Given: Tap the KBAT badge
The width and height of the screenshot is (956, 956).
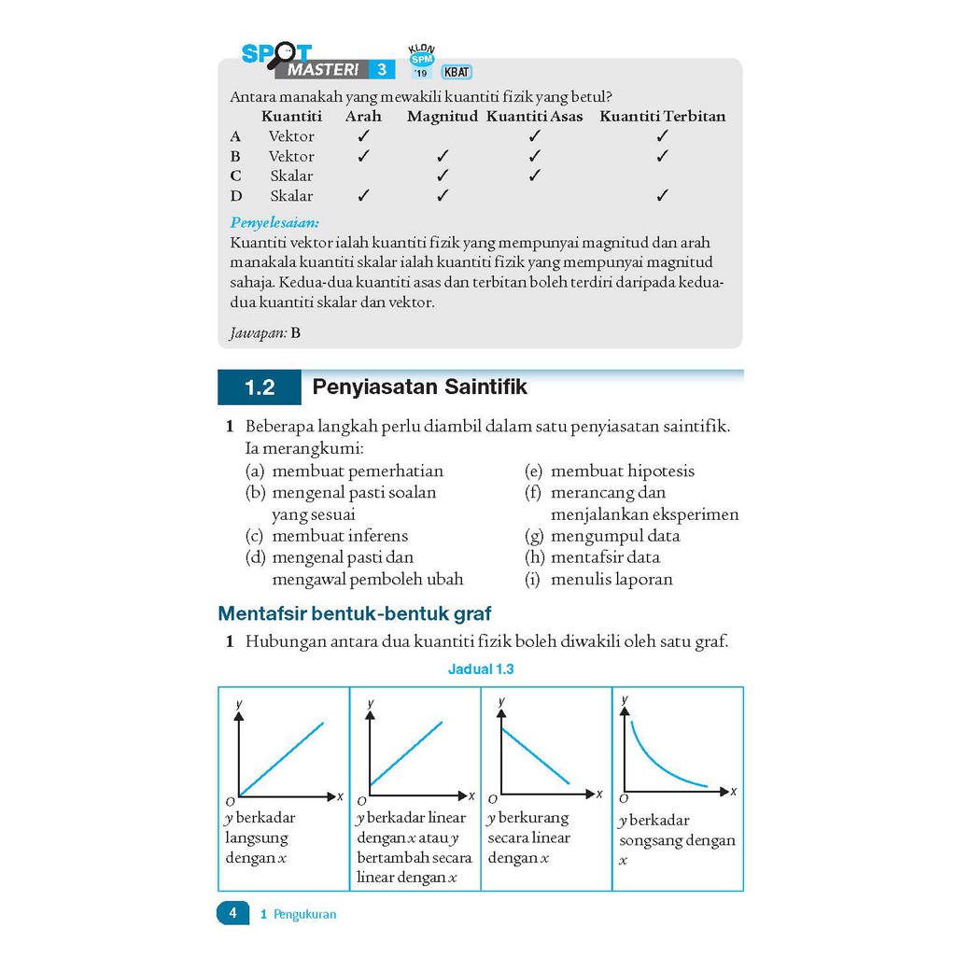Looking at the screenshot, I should pyautogui.click(x=457, y=70).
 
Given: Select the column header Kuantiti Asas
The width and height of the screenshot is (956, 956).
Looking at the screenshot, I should pyautogui.click(x=534, y=117).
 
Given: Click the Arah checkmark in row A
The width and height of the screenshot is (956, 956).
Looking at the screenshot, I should pyautogui.click(x=363, y=136).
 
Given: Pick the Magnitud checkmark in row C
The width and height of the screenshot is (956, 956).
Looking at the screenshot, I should pyautogui.click(x=443, y=176).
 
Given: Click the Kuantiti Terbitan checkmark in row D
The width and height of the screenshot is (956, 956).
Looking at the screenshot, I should pyautogui.click(x=662, y=196).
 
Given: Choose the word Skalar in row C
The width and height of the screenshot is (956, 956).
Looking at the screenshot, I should pyautogui.click(x=291, y=176).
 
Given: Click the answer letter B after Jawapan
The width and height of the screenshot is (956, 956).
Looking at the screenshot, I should pyautogui.click(x=295, y=332).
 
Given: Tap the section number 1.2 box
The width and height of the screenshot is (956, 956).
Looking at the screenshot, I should pyautogui.click(x=260, y=387).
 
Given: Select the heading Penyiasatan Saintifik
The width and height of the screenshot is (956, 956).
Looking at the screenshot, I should pyautogui.click(x=419, y=387).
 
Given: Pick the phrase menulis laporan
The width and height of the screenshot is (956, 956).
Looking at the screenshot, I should pyautogui.click(x=612, y=579).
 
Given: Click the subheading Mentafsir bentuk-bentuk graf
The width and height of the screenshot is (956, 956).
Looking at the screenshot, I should pyautogui.click(x=354, y=614).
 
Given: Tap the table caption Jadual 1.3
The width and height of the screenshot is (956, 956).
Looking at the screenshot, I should pyautogui.click(x=481, y=669).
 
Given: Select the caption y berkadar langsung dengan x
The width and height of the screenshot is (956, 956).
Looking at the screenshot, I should pyautogui.click(x=260, y=837).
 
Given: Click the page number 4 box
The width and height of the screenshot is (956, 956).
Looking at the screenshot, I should pyautogui.click(x=233, y=913).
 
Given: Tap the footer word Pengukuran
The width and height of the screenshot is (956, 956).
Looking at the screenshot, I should pyautogui.click(x=304, y=915).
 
